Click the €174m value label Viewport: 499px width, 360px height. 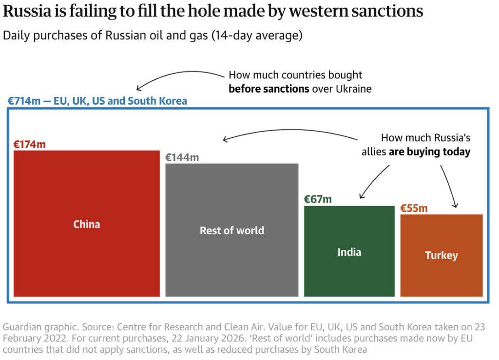(29, 144)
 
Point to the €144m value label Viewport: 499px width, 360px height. (182, 157)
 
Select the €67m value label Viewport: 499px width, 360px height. (318, 199)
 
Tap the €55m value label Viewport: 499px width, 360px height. (414, 208)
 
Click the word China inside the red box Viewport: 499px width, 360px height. (86, 225)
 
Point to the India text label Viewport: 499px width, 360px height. (349, 252)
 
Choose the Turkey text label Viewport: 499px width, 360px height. (441, 256)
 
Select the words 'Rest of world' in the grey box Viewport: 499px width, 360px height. (231, 231)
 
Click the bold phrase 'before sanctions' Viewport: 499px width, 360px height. (269, 89)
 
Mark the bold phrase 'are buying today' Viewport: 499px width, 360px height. (429, 152)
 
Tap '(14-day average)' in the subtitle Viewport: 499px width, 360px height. (257, 36)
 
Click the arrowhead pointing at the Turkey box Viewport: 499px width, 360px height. (457, 206)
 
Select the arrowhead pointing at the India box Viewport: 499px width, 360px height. (361, 197)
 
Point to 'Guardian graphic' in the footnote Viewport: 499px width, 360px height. (33, 327)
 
